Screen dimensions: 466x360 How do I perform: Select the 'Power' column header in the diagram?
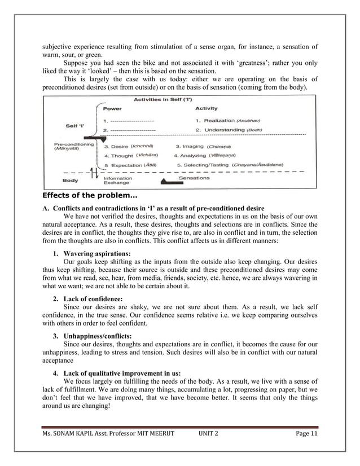tap(112, 109)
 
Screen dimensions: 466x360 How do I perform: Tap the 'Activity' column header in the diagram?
tap(207, 109)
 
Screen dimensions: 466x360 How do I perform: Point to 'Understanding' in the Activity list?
tap(222, 130)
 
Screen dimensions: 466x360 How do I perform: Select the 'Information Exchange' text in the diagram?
tap(118, 181)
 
